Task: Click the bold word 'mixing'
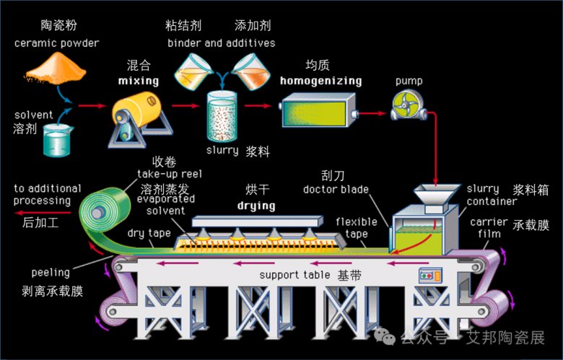pos(138,81)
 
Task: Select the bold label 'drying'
pos(256,206)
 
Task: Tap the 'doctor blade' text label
pos(336,190)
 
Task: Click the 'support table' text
pos(295,276)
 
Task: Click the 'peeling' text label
pos(51,273)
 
